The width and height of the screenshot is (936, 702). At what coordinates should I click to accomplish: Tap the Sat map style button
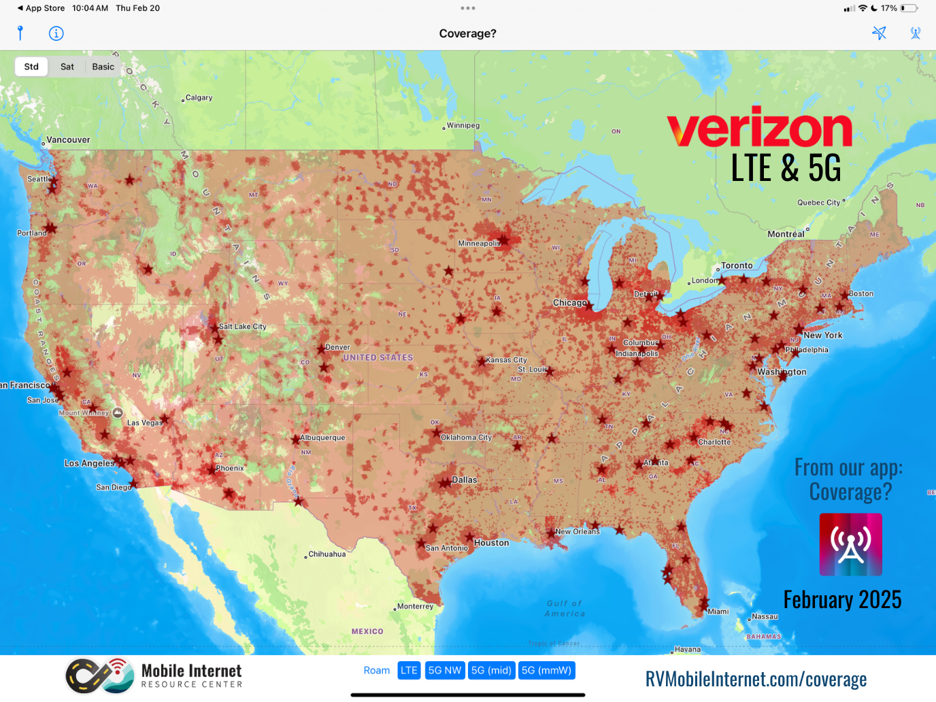pos(67,67)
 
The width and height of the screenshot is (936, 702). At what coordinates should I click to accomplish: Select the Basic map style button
pos(103,67)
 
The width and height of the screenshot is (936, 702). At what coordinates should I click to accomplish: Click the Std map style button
pos(31,67)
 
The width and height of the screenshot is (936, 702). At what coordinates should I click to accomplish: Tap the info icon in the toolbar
pos(56,33)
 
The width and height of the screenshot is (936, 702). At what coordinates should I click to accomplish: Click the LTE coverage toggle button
pos(409,671)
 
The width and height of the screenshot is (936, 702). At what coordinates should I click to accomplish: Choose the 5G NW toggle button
pos(445,671)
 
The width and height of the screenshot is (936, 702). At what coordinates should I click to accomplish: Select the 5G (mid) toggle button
pos(491,671)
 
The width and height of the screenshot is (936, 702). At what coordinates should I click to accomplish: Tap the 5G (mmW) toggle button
pos(546,671)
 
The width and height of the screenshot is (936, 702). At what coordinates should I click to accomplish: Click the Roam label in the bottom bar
pos(377,671)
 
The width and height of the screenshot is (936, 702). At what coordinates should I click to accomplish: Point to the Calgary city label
pos(199,98)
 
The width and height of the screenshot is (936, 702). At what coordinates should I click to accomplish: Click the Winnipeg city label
pos(463,126)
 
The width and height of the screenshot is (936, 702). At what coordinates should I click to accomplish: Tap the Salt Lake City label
pos(242,327)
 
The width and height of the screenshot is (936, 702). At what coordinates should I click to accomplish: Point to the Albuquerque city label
pos(322,437)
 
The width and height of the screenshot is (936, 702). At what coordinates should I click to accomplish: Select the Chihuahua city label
pos(327,554)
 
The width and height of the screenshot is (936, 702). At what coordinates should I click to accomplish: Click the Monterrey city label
pos(415,607)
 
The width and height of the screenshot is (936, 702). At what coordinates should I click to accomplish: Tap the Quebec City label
pos(819,203)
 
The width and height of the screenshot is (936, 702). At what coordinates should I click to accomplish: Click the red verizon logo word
pos(759,129)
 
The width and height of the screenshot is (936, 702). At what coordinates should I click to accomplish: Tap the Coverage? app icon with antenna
pos(850,544)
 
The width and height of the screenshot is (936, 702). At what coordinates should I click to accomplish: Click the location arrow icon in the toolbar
pos(879,33)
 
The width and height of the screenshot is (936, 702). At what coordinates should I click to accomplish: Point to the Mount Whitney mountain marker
pos(118,412)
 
